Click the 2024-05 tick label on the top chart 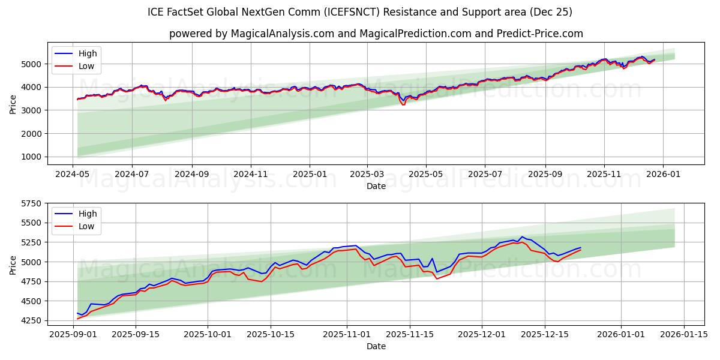(73, 174)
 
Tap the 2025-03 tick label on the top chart (367, 174)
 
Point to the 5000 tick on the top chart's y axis (33, 64)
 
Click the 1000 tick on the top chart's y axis (33, 157)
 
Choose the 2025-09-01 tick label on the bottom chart (73, 334)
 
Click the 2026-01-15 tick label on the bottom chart (683, 334)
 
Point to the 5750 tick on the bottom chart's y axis (33, 203)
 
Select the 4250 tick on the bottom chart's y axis (33, 320)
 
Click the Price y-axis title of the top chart (13, 103)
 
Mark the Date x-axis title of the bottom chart (376, 346)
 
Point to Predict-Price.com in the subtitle (544, 34)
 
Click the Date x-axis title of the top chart (376, 186)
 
